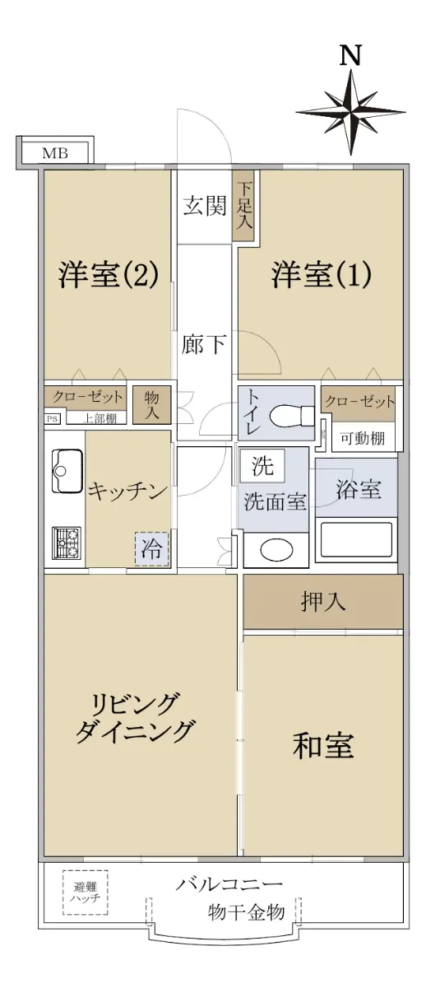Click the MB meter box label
(x=55, y=153)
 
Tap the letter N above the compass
(x=350, y=56)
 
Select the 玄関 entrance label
(x=205, y=206)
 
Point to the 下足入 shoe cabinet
(x=243, y=206)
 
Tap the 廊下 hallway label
(x=204, y=344)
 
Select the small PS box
(x=53, y=418)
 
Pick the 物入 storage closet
(x=151, y=405)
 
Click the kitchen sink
(x=67, y=471)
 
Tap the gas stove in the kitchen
(x=67, y=543)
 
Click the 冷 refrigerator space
(x=151, y=549)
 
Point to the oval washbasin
(x=276, y=550)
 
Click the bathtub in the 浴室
(x=356, y=539)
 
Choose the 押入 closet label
(x=323, y=601)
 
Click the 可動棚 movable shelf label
(x=363, y=438)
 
